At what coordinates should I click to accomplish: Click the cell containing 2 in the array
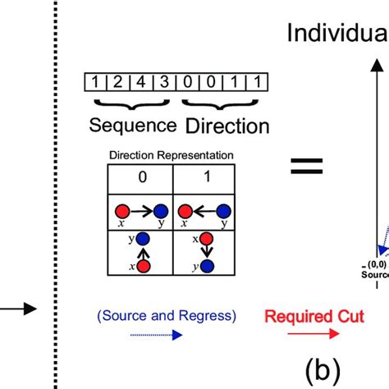(x=119, y=82)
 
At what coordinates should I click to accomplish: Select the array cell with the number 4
(x=141, y=82)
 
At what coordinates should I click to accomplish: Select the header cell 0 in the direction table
(x=143, y=175)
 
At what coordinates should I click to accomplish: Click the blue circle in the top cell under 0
(x=161, y=209)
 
